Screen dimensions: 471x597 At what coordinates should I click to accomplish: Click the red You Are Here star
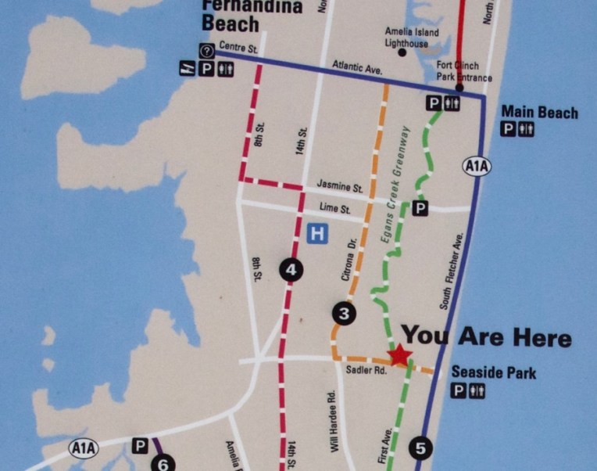click(400, 356)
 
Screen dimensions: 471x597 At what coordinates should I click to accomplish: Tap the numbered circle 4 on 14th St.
click(291, 271)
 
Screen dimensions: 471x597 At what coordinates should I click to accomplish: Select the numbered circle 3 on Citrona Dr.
click(343, 314)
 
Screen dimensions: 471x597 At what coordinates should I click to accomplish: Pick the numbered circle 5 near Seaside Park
click(420, 448)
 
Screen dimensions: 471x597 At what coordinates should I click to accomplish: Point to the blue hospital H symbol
click(317, 233)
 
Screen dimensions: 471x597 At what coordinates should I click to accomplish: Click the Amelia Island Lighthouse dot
click(402, 53)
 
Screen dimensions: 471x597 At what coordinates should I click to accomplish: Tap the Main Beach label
click(539, 113)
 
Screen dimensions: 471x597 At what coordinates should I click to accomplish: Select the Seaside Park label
click(494, 373)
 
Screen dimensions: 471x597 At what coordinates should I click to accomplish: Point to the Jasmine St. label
click(340, 189)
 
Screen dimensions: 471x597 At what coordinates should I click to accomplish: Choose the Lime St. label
click(335, 209)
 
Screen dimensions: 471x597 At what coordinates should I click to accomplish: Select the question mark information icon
click(207, 52)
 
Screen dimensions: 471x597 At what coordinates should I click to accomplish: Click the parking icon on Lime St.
click(420, 208)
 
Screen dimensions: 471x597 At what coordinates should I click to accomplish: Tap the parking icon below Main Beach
click(509, 130)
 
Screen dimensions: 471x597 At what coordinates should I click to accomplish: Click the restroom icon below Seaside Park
click(476, 391)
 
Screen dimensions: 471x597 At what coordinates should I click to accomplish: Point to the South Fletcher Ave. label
click(452, 271)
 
